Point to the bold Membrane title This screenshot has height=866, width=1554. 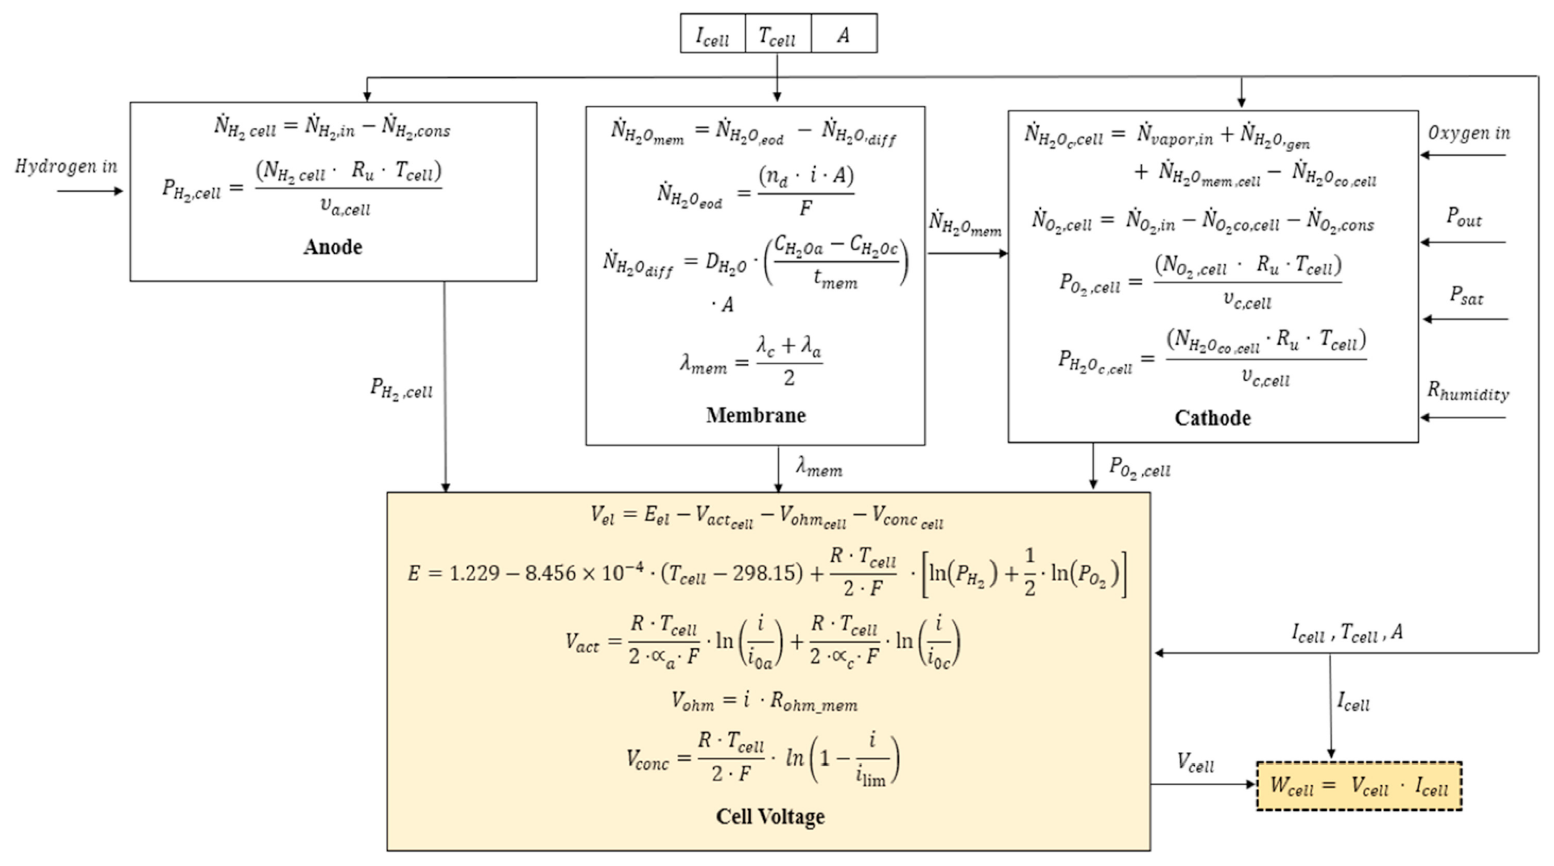[x=755, y=415]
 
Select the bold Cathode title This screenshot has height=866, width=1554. [x=1212, y=417]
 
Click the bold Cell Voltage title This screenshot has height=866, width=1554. [x=770, y=816]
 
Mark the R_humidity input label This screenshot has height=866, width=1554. [x=1468, y=392]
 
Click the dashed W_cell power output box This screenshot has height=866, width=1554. [x=1359, y=786]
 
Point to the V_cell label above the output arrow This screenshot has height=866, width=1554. [x=1195, y=763]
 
